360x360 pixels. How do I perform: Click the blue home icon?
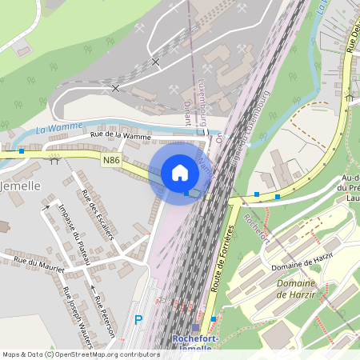click(180, 173)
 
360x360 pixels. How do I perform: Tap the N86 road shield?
click(112, 161)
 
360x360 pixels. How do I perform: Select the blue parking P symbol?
click(138, 319)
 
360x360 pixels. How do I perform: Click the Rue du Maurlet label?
click(38, 264)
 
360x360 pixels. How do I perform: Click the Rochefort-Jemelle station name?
click(196, 343)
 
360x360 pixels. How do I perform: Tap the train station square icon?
click(196, 328)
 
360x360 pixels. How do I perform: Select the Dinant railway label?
click(187, 112)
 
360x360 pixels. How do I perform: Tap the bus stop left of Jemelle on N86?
click(21, 150)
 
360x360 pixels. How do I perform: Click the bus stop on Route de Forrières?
click(214, 320)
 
